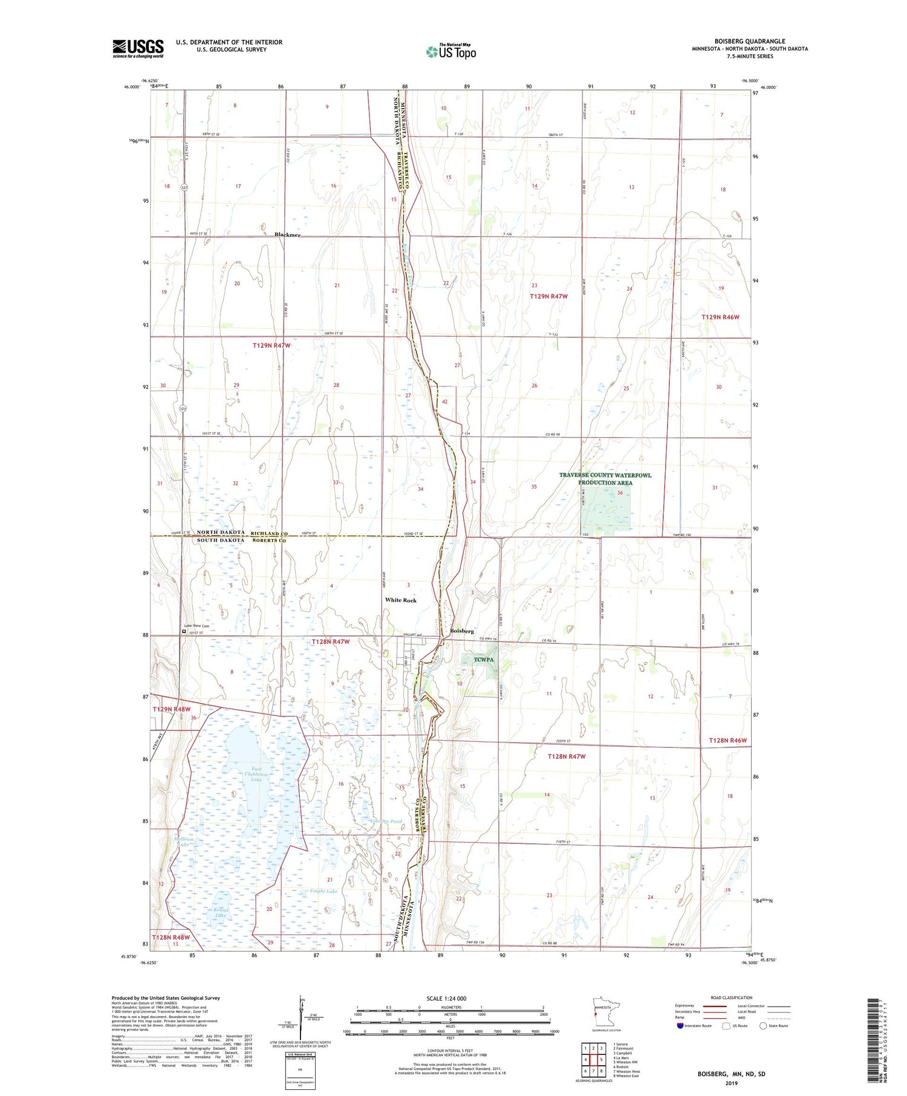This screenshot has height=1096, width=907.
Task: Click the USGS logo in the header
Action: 138,48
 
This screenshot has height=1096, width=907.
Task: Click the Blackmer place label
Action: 287,235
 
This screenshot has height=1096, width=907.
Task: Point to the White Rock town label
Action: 401,600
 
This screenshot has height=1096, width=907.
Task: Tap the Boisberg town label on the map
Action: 463,631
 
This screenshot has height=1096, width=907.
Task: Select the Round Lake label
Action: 219,912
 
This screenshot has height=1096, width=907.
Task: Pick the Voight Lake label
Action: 323,891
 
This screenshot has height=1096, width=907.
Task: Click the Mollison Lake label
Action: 184,841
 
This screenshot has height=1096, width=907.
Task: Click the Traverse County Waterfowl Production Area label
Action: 605,479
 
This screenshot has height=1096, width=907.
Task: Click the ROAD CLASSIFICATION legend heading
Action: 732,997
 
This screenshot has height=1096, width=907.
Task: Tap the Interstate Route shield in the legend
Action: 680,1026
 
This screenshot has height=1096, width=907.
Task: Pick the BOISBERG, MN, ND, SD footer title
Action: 731,1074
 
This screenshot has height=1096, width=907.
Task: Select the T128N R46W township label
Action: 728,741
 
